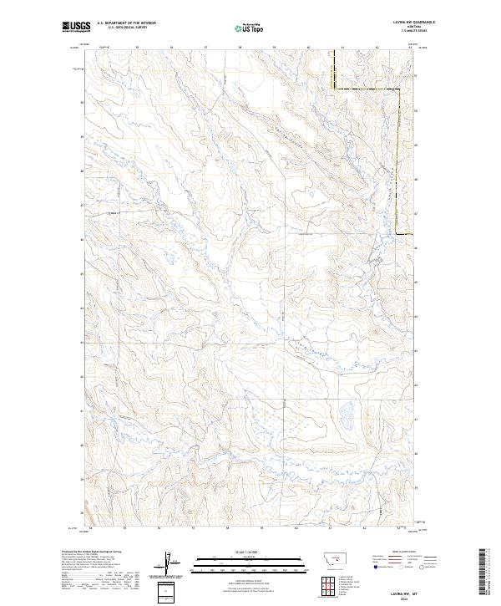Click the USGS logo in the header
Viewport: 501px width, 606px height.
click(77, 27)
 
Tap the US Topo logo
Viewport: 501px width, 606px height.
click(250, 28)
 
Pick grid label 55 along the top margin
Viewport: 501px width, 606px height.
click(137, 47)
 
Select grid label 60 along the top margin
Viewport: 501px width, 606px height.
click(309, 47)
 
